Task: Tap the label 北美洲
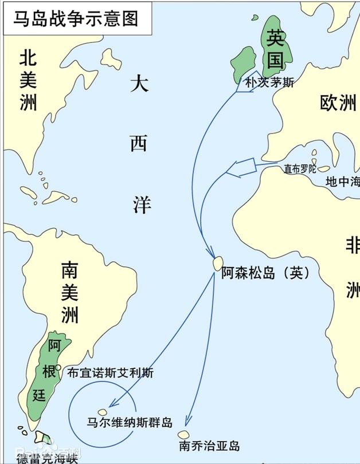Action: pyautogui.click(x=28, y=80)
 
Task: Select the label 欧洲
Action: pyautogui.click(x=338, y=103)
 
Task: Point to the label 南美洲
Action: pyautogui.click(x=69, y=292)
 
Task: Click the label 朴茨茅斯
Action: pyautogui.click(x=269, y=82)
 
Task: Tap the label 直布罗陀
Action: pyautogui.click(x=300, y=169)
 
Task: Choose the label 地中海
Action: pyautogui.click(x=342, y=182)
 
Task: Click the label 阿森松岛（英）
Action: pyautogui.click(x=265, y=274)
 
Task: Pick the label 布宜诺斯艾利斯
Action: pyautogui.click(x=111, y=373)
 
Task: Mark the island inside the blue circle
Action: pyautogui.click(x=103, y=412)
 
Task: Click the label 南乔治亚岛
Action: pyautogui.click(x=209, y=446)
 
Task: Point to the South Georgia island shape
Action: pyautogui.click(x=183, y=435)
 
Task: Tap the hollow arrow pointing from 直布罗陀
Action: pyautogui.click(x=241, y=167)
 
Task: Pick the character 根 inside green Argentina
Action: pyautogui.click(x=49, y=372)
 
